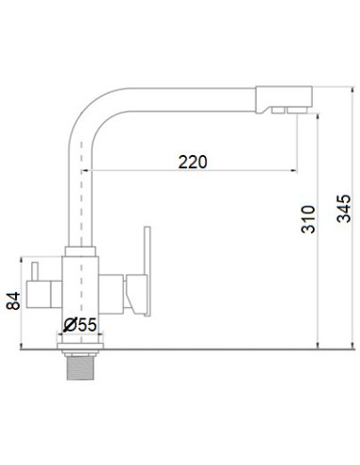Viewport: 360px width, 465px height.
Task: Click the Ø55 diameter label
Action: click(x=82, y=326)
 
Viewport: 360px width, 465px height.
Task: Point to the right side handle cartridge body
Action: click(x=116, y=292)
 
